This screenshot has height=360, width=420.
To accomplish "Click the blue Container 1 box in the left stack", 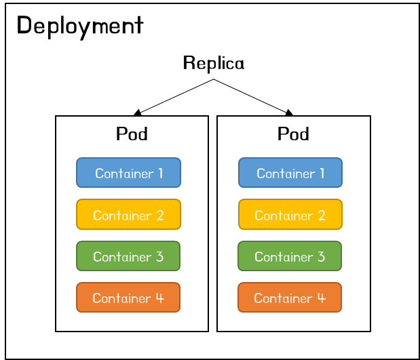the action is point(128,173).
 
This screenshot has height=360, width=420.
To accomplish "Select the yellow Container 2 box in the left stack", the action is point(128,214).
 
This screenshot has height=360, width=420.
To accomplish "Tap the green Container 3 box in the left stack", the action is point(128,256).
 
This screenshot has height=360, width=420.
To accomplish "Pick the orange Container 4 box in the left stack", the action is point(128,298).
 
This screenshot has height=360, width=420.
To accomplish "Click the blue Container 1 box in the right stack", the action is point(290,173).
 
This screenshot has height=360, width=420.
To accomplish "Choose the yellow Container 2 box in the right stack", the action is point(290,214).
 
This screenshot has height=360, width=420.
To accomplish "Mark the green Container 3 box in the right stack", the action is point(290,256).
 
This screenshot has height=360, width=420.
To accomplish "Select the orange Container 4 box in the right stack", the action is point(290,298).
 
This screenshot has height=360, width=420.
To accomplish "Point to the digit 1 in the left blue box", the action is point(160,174).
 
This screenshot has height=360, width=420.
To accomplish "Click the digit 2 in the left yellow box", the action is point(160,216).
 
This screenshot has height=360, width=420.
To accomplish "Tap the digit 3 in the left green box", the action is point(159,257).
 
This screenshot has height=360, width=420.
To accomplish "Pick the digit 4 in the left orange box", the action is point(159,298).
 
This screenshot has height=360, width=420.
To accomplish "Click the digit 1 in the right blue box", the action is point(322,174).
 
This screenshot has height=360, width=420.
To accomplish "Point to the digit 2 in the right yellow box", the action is point(322,216).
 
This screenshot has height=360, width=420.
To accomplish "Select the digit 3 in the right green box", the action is point(321,257).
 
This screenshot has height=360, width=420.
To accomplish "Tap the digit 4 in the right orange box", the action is point(321,298).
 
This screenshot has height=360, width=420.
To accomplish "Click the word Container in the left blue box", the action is point(124,174).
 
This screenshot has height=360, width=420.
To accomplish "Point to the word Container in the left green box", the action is point(122,257).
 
